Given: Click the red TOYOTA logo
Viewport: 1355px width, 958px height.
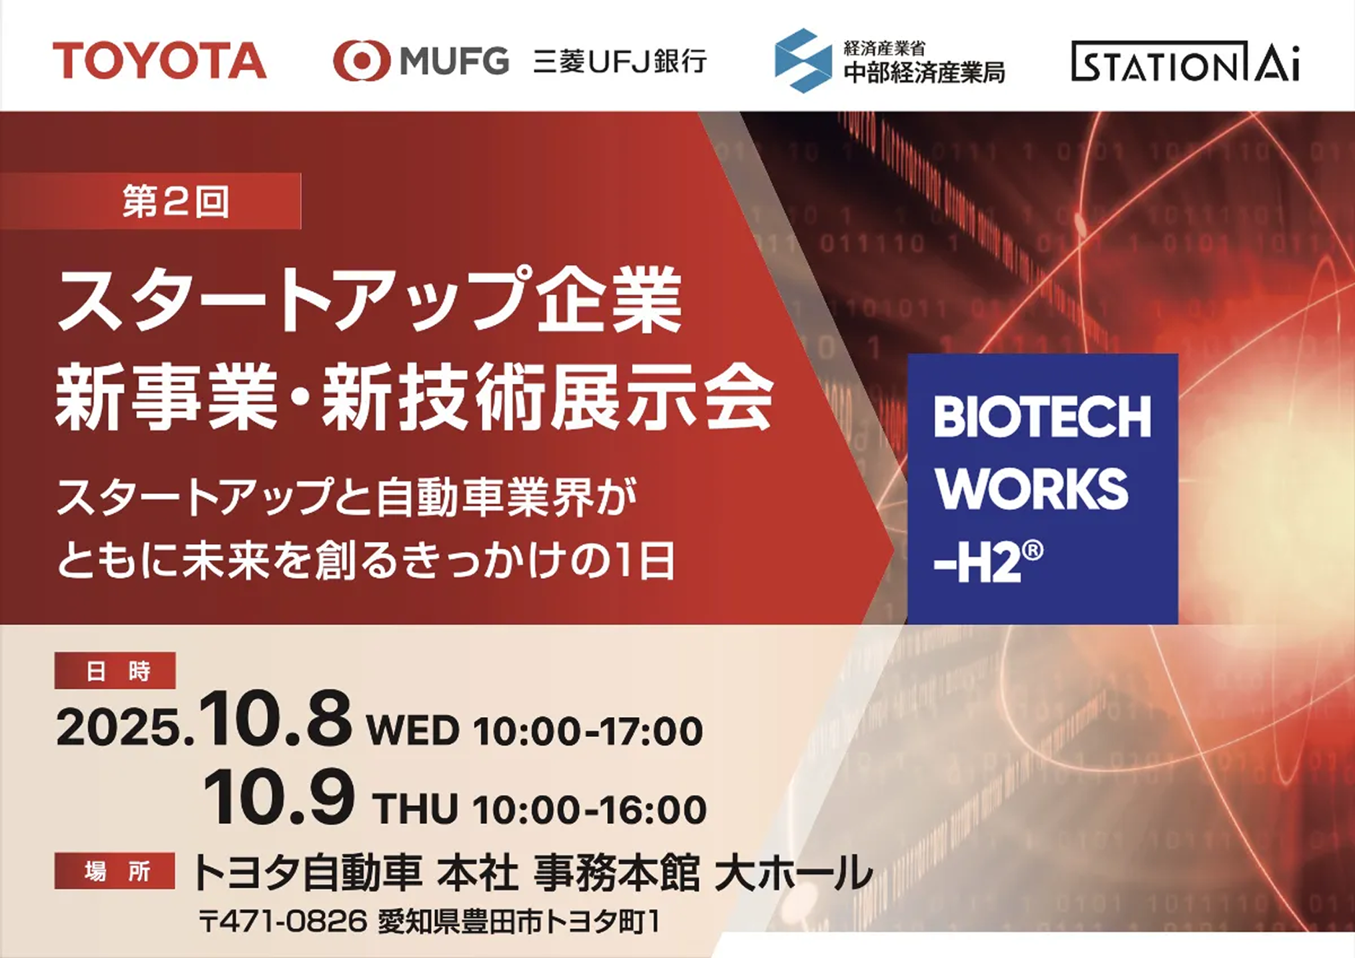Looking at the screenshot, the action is click(x=159, y=61).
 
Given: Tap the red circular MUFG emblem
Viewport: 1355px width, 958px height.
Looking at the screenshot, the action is click(x=362, y=61).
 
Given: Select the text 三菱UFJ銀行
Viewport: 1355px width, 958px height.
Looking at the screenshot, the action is click(x=620, y=61).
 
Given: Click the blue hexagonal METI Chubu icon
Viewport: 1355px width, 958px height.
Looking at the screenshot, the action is click(x=803, y=61).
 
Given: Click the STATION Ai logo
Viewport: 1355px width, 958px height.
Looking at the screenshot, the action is click(x=1186, y=61).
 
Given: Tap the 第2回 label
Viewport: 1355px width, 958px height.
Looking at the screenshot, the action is click(x=175, y=201).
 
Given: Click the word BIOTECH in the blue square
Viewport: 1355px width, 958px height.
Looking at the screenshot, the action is click(x=1042, y=417).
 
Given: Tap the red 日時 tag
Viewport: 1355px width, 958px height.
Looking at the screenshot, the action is click(x=115, y=670).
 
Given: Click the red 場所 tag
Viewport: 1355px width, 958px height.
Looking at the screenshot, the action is click(x=115, y=871).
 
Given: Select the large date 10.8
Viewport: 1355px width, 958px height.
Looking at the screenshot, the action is click(x=276, y=719).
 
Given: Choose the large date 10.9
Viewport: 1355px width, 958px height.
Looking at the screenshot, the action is click(x=278, y=797).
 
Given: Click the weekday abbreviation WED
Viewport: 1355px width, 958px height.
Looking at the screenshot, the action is click(x=412, y=730).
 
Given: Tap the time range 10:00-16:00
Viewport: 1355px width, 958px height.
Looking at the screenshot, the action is click(x=590, y=809).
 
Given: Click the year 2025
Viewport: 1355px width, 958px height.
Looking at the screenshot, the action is click(x=120, y=727).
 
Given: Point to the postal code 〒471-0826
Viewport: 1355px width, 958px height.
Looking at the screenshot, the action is click(x=283, y=922).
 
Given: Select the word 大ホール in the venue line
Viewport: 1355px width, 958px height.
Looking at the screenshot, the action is click(x=793, y=872).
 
